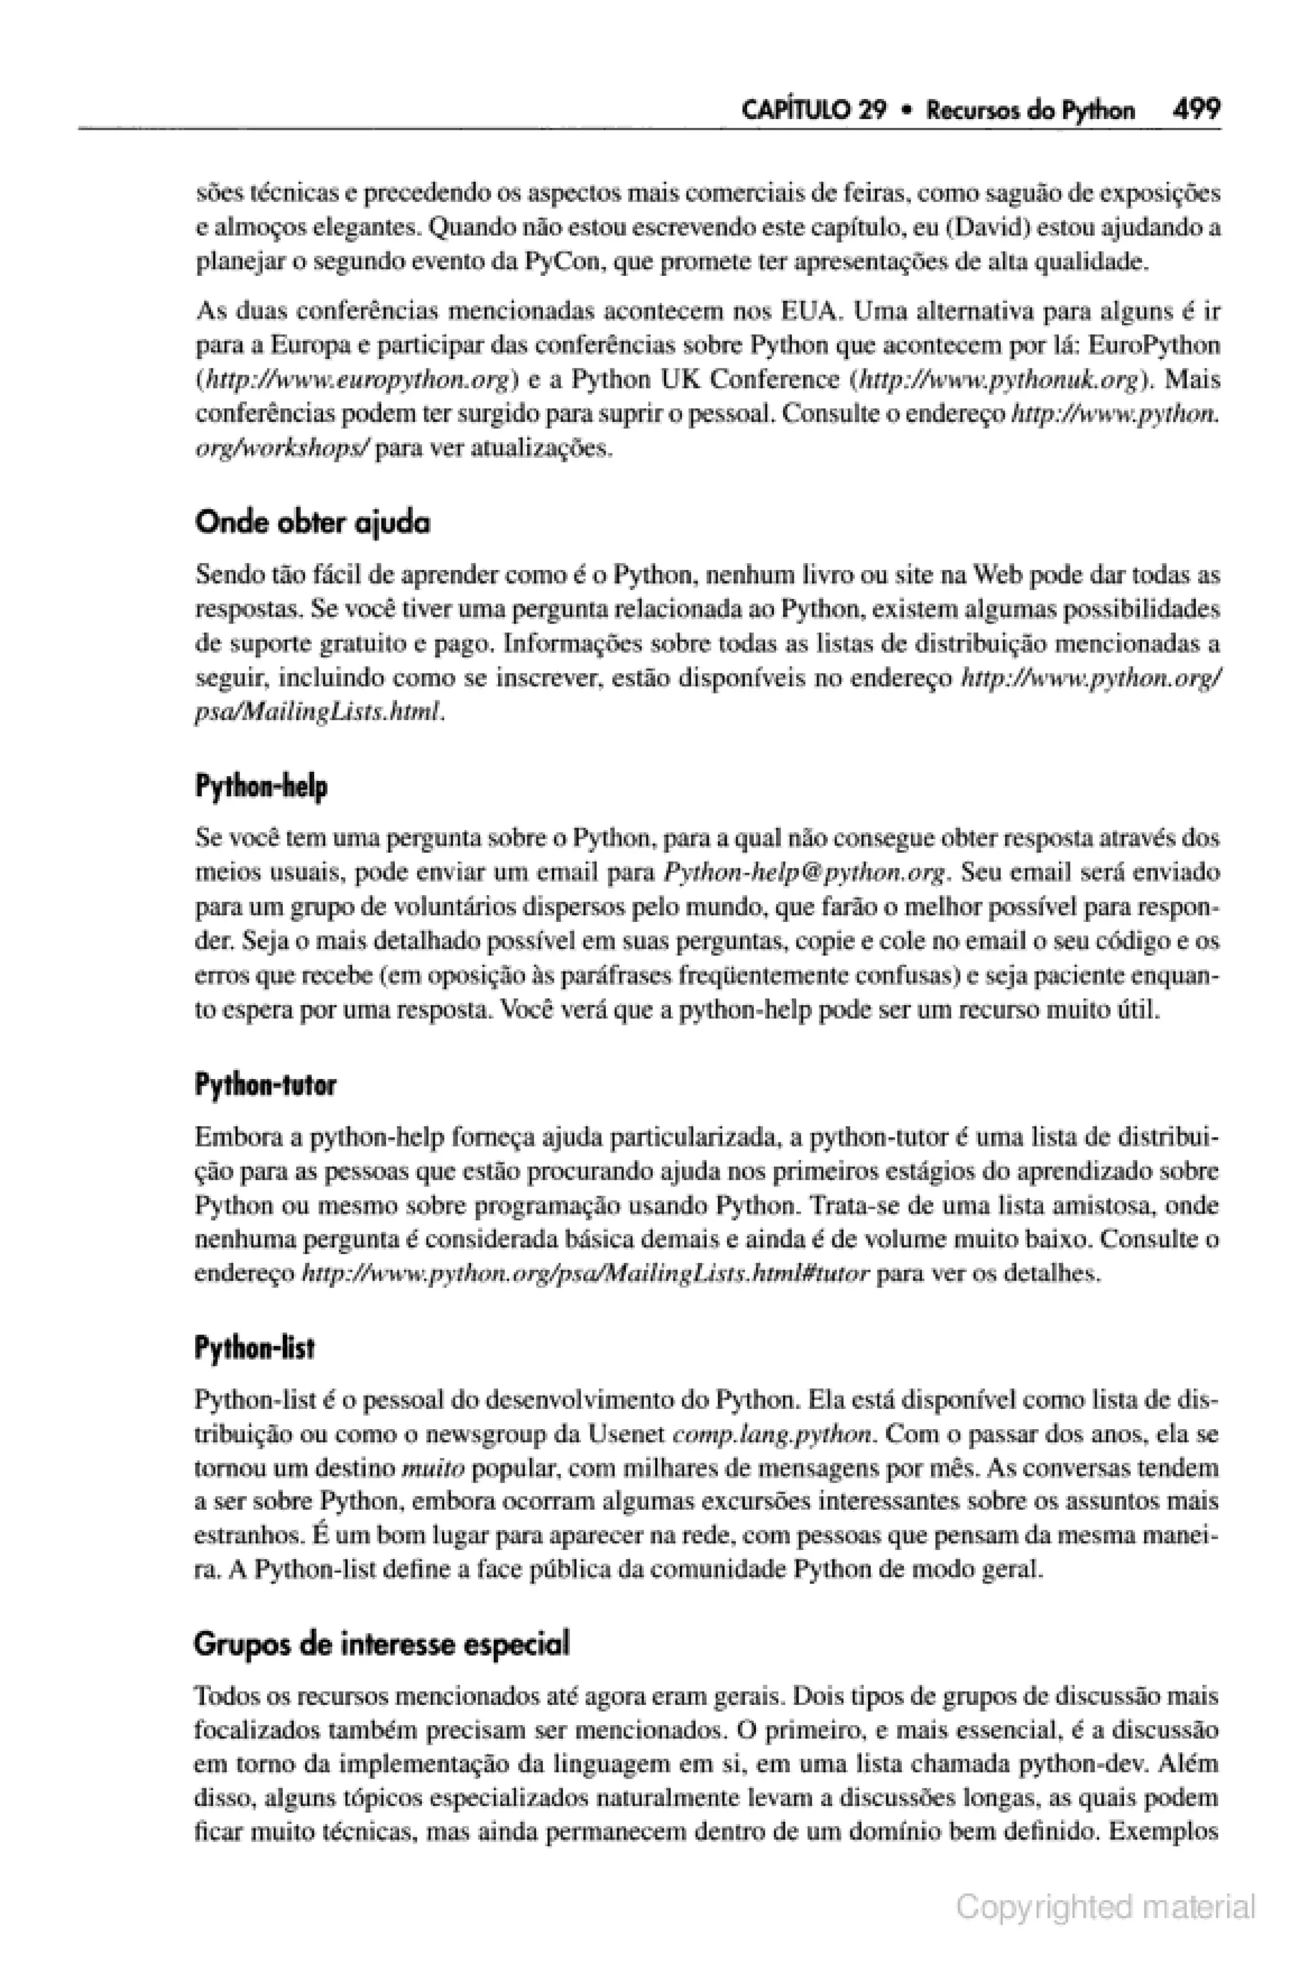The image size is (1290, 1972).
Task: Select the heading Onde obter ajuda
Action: click(312, 523)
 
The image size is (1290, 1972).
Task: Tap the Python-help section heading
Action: click(261, 786)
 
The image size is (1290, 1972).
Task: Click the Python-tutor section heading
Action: click(265, 1085)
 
